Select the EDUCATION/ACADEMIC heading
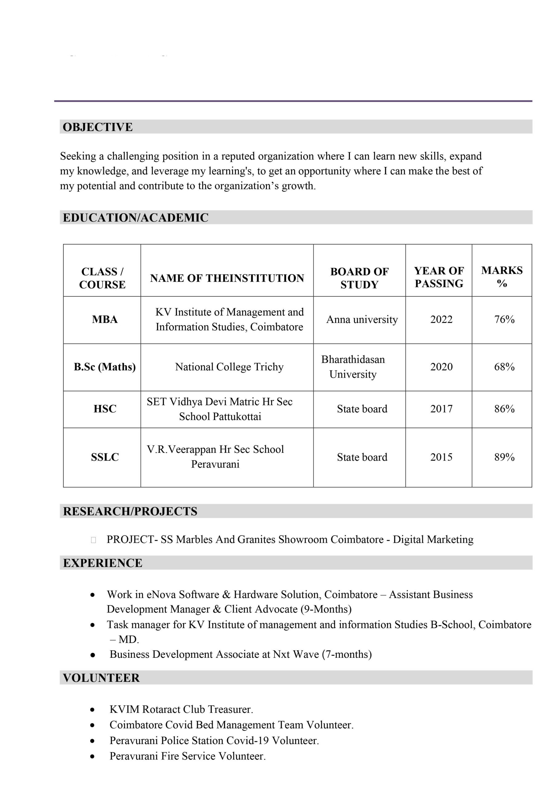point(135,218)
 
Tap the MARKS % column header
point(502,277)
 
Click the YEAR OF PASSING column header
point(439,277)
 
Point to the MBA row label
point(105,319)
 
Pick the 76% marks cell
point(504,319)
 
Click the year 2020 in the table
point(441,367)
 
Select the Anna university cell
point(362,319)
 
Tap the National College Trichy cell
point(229,367)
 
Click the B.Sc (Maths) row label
point(105,367)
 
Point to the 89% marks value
point(504,457)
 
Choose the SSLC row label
point(105,457)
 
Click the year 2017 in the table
point(441,409)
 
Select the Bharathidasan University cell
point(353,367)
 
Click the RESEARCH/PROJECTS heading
point(130,511)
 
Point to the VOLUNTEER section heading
point(101,678)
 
